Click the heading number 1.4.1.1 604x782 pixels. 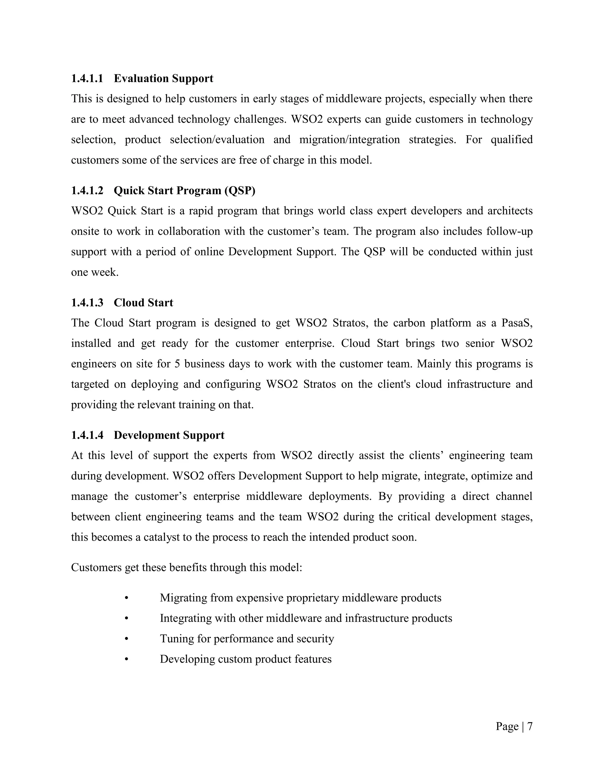click(87, 78)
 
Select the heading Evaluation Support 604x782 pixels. click(163, 78)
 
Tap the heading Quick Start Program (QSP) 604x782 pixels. click(184, 191)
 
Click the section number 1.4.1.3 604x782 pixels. click(87, 302)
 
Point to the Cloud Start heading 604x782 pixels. click(143, 302)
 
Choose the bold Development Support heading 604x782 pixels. click(169, 435)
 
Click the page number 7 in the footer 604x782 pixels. click(530, 726)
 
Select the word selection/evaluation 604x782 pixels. click(217, 139)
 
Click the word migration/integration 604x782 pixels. click(349, 139)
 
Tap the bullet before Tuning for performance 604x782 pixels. click(126, 639)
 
